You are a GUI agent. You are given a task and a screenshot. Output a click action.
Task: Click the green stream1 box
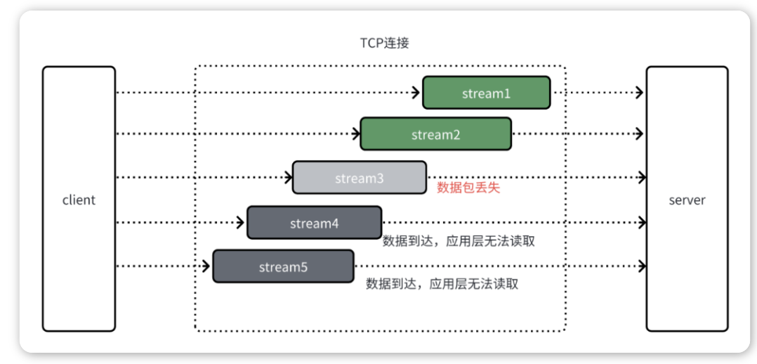click(486, 92)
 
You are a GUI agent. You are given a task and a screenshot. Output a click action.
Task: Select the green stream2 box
click(435, 134)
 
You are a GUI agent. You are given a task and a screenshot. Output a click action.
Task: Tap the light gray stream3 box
click(360, 177)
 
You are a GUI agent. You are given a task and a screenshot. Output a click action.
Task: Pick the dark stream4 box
click(315, 222)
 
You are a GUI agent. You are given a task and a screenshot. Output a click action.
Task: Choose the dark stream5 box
click(283, 266)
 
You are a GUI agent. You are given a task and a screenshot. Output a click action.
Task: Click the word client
click(79, 200)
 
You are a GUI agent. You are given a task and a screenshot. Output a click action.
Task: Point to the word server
click(687, 200)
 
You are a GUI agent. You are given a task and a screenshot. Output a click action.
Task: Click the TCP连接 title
click(385, 43)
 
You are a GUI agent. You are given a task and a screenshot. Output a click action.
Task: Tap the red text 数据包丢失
click(468, 188)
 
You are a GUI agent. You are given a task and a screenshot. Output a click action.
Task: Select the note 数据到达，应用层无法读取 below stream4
click(459, 241)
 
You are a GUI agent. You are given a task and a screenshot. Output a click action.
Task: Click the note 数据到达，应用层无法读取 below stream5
click(442, 284)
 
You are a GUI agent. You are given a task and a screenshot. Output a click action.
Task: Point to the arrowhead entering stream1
click(416, 92)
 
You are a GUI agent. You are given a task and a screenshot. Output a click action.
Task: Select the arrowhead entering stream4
click(241, 222)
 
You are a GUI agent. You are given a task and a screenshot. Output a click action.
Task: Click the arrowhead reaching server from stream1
click(640, 92)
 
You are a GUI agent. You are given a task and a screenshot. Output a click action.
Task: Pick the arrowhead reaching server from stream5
click(642, 266)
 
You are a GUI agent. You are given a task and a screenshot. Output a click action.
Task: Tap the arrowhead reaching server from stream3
click(642, 177)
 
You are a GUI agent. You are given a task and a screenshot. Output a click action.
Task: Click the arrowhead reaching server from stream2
click(640, 134)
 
